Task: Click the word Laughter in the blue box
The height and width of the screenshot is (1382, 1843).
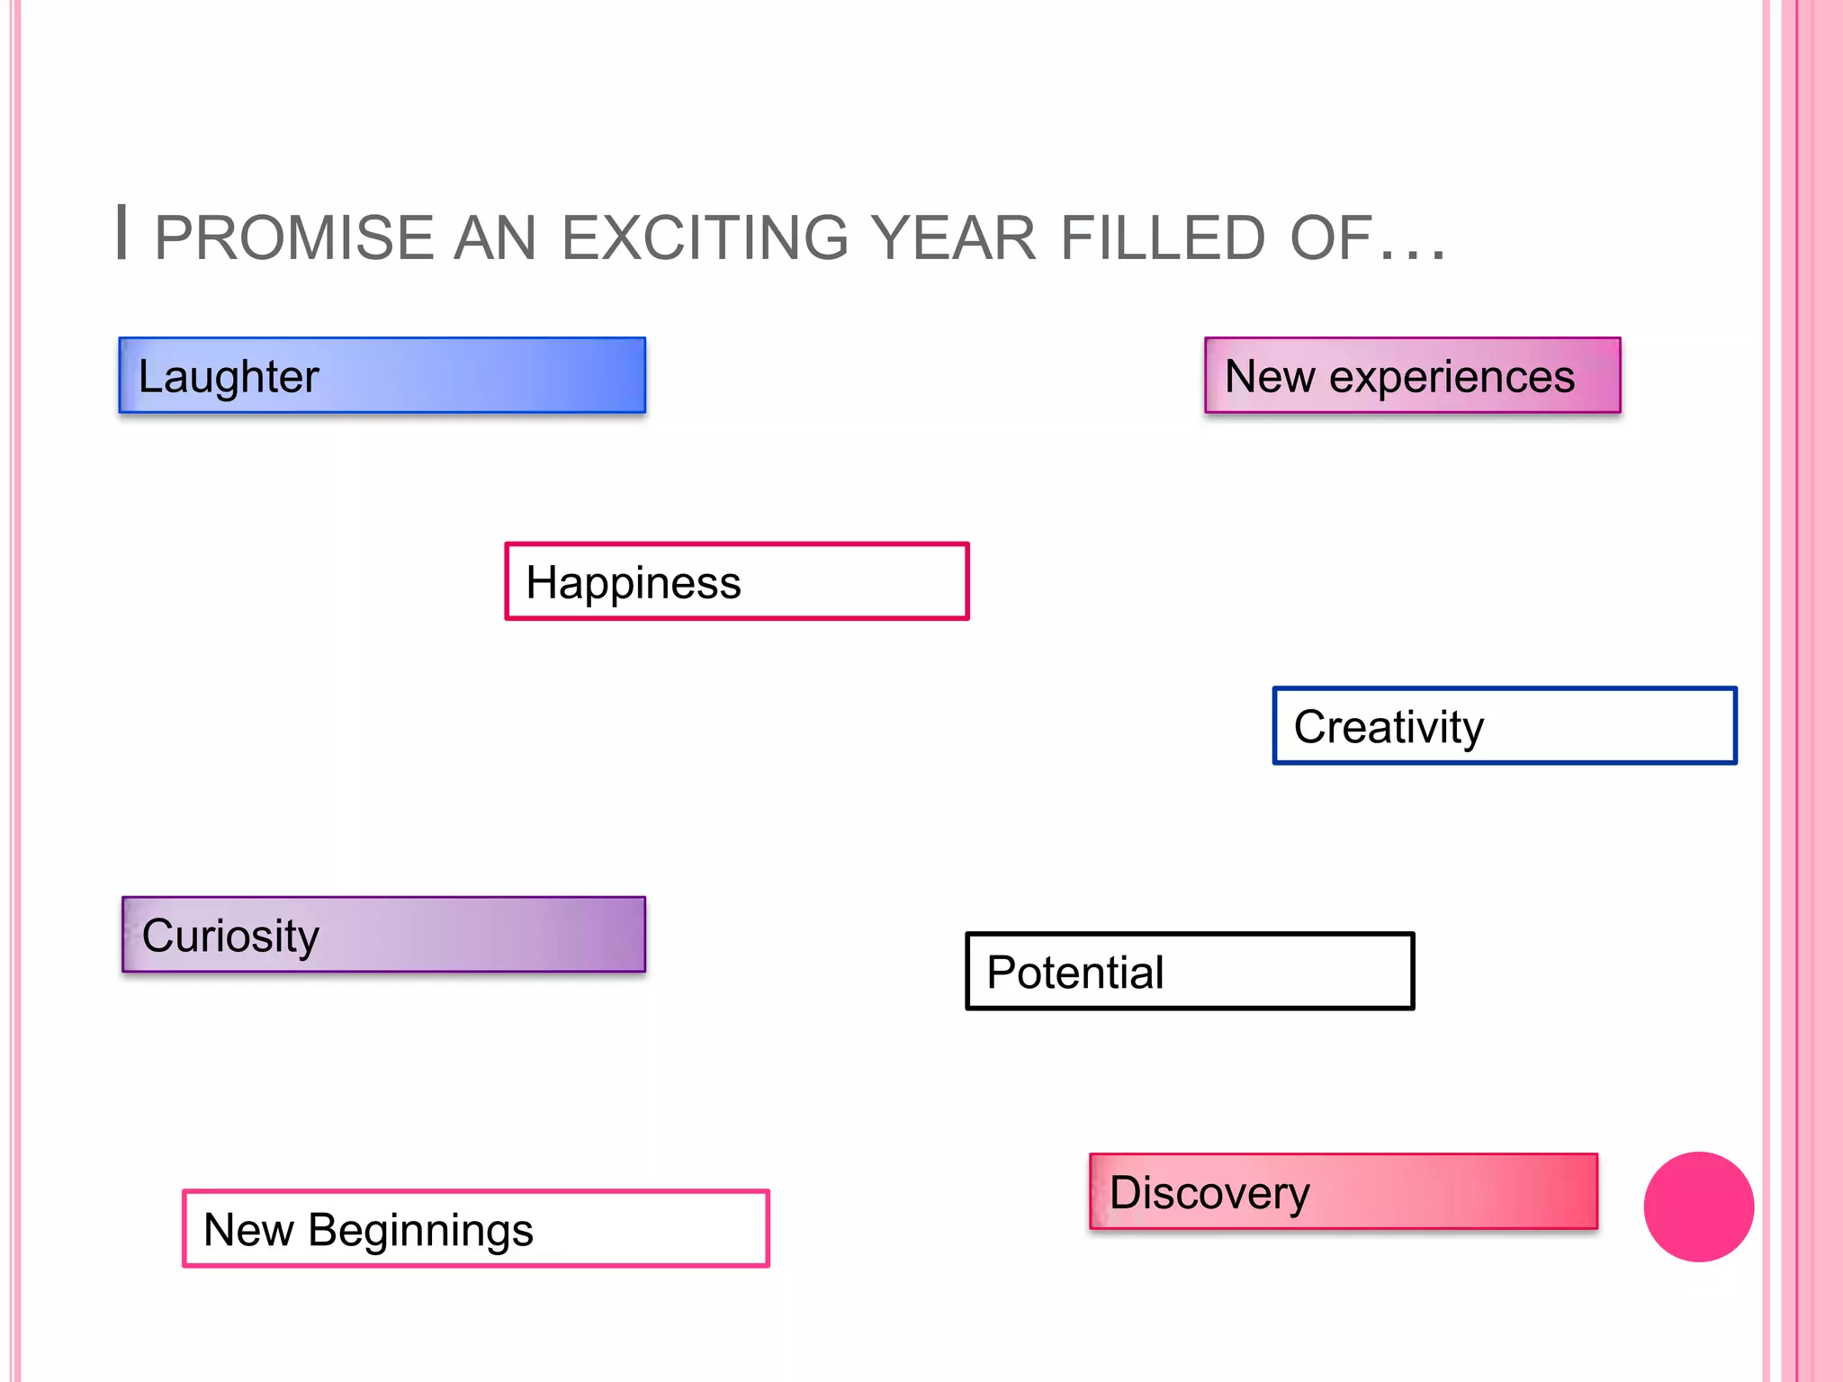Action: coord(229,376)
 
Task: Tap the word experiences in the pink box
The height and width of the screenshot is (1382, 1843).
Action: coord(1452,376)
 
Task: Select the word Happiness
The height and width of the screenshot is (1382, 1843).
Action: coord(633,583)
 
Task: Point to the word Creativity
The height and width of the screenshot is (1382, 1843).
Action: coord(1388,727)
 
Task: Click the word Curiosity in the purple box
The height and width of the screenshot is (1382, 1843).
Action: coord(230,936)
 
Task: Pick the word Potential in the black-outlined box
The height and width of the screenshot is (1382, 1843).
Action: coord(1074,973)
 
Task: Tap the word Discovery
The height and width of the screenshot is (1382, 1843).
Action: coord(1209,1193)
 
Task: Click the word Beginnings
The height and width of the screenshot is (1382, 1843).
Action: coord(420,1230)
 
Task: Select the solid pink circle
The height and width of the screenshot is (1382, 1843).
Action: coord(1698,1207)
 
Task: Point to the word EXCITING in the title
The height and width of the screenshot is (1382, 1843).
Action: coord(705,238)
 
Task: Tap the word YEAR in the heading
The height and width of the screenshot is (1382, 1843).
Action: coord(954,238)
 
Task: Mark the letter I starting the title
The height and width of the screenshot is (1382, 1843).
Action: coord(122,233)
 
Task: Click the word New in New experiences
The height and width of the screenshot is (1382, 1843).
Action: coord(1269,376)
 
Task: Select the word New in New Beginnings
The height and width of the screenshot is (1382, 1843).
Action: coord(248,1230)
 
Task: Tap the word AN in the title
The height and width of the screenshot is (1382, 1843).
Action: coord(494,238)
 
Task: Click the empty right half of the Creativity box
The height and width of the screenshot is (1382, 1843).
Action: coord(1620,726)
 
